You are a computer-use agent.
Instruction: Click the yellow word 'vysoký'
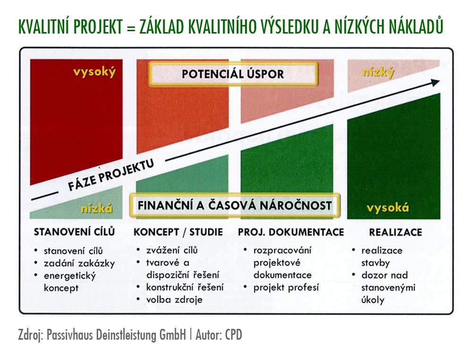coord(94,72)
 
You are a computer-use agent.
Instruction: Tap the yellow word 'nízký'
coord(379,72)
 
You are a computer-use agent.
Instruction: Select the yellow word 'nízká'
coord(97,208)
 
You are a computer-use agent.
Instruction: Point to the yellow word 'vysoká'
coord(388,208)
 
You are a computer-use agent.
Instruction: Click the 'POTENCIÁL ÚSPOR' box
coord(233,74)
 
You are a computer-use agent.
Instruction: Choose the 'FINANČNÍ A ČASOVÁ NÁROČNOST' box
coord(235,206)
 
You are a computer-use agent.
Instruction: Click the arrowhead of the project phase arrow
coord(435,82)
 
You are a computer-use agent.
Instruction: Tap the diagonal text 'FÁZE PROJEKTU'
coord(111,175)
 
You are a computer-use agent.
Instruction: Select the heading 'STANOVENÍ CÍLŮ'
coord(75,231)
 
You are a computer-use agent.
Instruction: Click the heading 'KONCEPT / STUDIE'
coord(178,232)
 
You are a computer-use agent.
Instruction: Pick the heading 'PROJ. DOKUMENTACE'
coord(291,232)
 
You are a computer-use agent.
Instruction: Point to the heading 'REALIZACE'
coord(396,232)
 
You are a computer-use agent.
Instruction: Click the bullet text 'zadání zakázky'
coord(79,264)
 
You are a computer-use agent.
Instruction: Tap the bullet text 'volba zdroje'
coord(174,300)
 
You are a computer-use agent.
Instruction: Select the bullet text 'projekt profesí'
coord(286,287)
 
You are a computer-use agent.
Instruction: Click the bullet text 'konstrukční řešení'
coord(185,287)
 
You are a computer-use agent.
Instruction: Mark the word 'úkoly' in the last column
coord(373,300)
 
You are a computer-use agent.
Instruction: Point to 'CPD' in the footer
coord(234,335)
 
